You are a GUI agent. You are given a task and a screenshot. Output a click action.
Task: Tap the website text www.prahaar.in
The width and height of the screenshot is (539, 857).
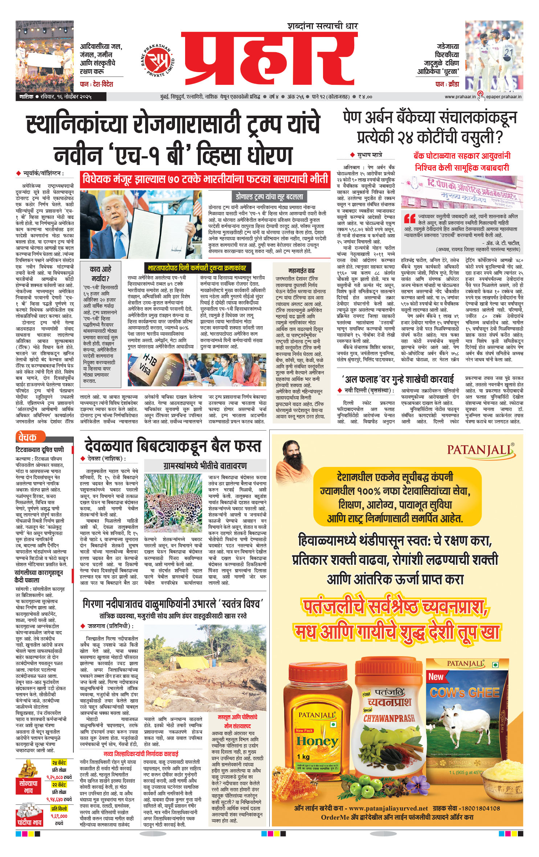[460, 97]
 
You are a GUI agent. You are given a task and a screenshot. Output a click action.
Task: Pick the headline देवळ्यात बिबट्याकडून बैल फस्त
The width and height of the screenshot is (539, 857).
[173, 446]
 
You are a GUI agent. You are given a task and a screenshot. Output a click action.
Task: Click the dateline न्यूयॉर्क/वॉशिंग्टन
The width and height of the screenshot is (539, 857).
[43, 174]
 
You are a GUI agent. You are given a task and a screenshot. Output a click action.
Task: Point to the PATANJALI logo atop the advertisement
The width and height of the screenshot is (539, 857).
[480, 450]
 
